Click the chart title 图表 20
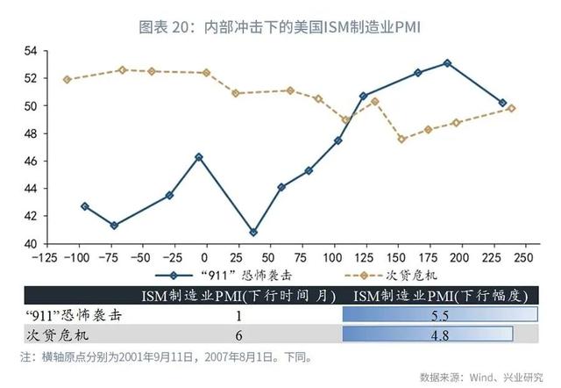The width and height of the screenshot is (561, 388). coord(280,27)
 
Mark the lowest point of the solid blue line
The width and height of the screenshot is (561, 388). coord(253,233)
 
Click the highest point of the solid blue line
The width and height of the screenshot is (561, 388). coord(447,63)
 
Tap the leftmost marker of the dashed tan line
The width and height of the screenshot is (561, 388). coord(67,79)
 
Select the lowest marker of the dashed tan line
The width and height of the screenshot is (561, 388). coord(401,139)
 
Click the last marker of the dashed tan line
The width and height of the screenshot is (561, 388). coord(512,109)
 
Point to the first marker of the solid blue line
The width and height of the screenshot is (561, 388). coord(85,206)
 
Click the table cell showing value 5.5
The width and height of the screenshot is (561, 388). coord(444,315)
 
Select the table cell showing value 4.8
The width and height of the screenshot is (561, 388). coord(444,334)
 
